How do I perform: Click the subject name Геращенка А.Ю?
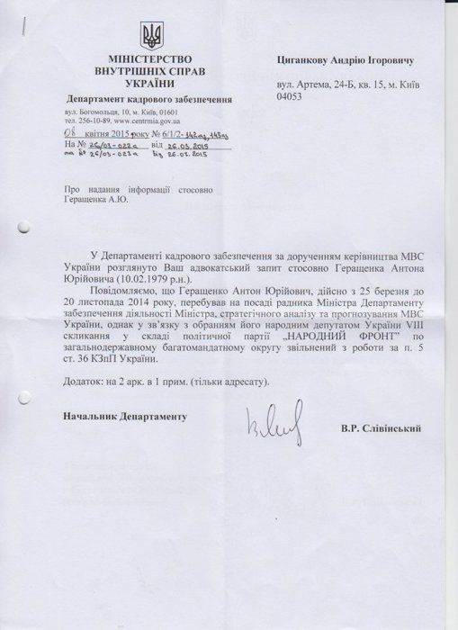click(x=97, y=201)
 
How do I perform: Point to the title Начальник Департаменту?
click(x=123, y=418)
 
